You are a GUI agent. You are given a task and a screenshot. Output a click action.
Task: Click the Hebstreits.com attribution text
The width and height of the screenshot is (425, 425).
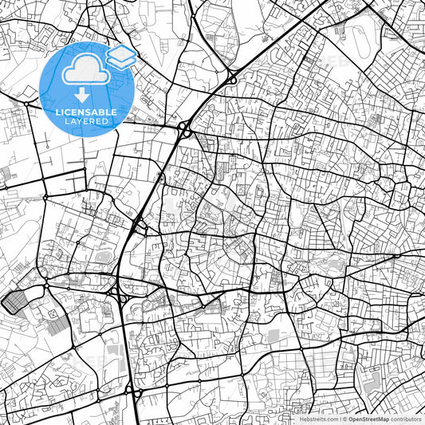coord(319,419)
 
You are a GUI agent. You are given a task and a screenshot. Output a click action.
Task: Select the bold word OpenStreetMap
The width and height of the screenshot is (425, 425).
coord(368,419)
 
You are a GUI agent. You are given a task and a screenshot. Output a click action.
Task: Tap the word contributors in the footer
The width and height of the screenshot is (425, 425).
coord(406,419)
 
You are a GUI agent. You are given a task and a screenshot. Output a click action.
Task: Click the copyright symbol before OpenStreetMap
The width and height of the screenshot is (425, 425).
coord(344,419)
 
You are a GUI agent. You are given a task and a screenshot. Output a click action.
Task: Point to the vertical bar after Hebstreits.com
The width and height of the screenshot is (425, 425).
coord(340,419)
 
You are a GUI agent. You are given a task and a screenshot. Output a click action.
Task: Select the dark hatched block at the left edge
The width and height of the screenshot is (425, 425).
coord(16,301)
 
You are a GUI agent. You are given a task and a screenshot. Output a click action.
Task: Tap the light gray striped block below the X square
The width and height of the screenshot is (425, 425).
coord(57,324)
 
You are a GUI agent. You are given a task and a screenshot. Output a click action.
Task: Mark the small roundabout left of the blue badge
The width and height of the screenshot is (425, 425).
coord(27,104)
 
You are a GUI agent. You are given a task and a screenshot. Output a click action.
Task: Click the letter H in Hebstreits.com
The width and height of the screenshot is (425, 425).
coord(302,419)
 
